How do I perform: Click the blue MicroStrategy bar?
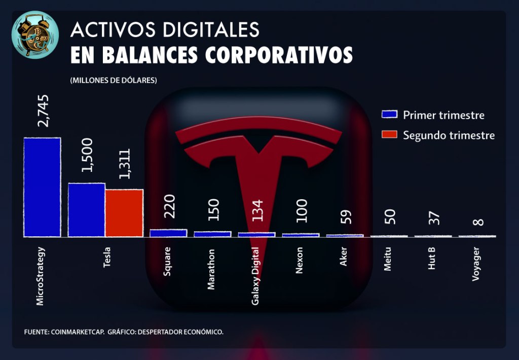42,187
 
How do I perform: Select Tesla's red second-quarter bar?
124,213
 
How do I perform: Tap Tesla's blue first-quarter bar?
87,210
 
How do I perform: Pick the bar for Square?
168,233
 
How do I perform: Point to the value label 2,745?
43,111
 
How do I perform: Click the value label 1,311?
125,164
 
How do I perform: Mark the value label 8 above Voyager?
477,222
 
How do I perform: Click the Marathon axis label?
211,269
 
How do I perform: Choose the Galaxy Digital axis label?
256,276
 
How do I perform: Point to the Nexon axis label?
299,261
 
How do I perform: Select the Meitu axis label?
388,259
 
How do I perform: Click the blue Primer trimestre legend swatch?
389,114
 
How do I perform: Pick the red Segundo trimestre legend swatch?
389,135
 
